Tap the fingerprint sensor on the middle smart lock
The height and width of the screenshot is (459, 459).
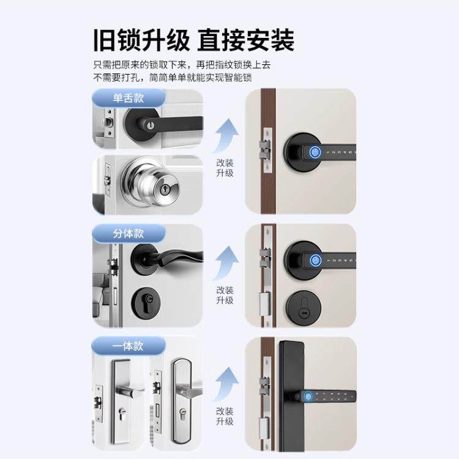[315, 261]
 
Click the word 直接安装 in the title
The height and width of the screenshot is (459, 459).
[246, 40]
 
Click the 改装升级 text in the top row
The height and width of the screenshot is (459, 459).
[225, 168]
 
